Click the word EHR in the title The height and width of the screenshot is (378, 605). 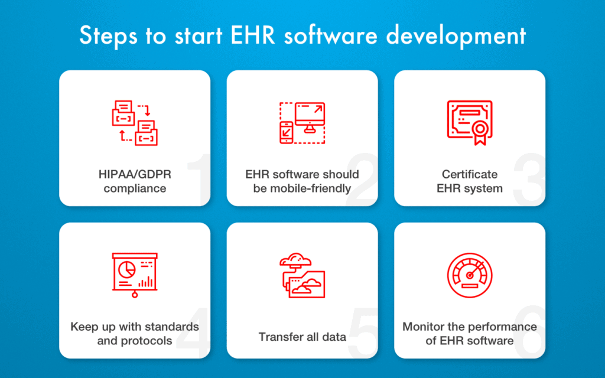(253, 35)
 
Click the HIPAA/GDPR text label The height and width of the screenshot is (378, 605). (135, 174)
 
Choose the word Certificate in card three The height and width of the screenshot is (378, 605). (470, 174)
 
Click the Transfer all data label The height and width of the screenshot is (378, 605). (302, 337)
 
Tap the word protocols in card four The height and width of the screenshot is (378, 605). (147, 341)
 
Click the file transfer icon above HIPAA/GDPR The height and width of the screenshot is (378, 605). (135, 123)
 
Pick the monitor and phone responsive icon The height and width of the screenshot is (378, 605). (302, 123)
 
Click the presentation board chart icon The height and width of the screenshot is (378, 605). (135, 275)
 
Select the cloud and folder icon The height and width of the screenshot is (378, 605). (302, 275)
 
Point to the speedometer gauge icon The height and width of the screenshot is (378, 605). (470, 275)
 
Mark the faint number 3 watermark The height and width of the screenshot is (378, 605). (529, 179)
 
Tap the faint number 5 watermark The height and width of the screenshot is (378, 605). (363, 333)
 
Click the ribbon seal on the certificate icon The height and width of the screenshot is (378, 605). (480, 132)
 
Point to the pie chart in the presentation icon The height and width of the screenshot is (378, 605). (126, 269)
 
